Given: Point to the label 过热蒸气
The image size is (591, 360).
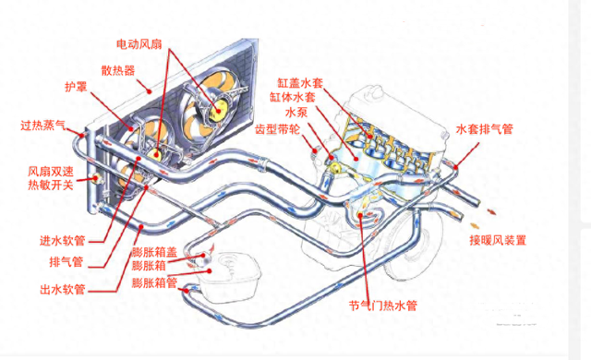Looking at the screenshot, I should [43, 125].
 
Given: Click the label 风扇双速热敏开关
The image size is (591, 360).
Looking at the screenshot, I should [51, 180].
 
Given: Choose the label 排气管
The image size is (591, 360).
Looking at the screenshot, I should [66, 260].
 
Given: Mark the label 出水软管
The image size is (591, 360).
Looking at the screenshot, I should [64, 289].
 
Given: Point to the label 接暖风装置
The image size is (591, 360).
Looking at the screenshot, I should [497, 241].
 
